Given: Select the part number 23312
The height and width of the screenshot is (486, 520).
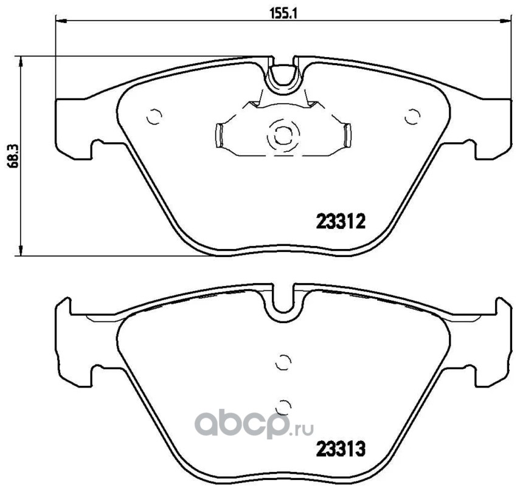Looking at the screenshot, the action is tap(341, 221).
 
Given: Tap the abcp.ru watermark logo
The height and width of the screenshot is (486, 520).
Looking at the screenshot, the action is tap(254, 425).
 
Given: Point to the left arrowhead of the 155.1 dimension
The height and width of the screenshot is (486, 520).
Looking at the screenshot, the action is tap(61, 21).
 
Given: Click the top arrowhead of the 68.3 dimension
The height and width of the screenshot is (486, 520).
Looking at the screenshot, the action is tap(21, 62).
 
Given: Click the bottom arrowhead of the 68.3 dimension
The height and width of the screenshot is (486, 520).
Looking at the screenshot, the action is tap(21, 250).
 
